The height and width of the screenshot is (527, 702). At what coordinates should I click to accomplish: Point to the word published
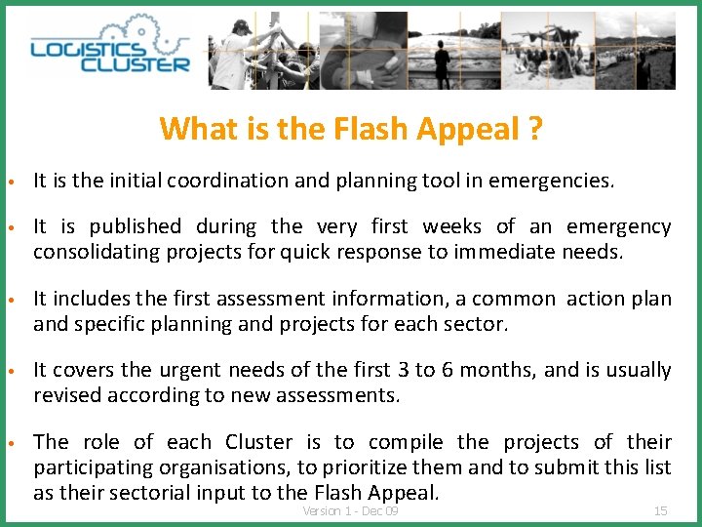[135, 226]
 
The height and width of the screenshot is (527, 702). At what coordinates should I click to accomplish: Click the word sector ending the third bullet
[480, 324]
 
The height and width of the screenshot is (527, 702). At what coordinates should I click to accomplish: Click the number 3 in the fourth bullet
[403, 370]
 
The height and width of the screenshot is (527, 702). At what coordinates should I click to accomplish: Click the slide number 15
[660, 510]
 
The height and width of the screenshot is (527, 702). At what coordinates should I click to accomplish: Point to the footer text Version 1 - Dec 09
[350, 510]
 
